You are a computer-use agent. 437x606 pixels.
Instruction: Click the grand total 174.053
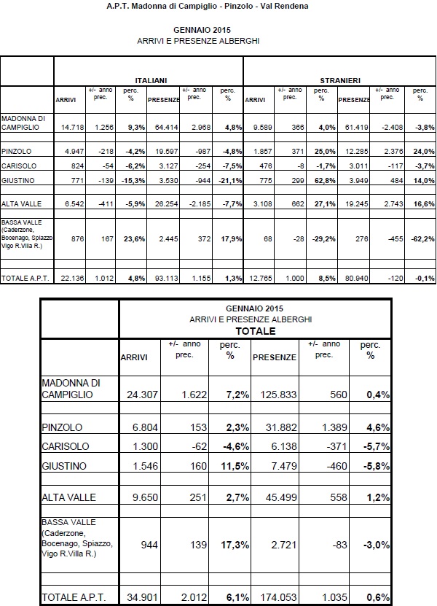click(x=275, y=597)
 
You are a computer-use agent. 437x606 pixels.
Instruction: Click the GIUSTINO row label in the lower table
click(x=65, y=465)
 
